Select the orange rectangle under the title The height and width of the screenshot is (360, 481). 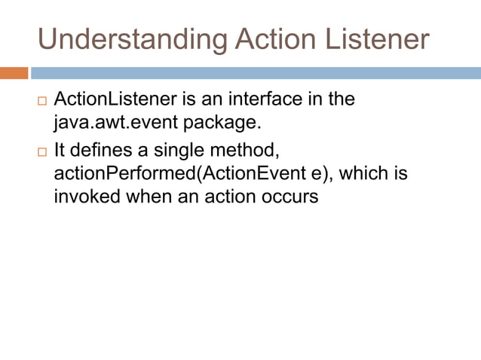[14, 73]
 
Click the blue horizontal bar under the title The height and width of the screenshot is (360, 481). [255, 73]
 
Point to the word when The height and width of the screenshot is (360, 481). [148, 198]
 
